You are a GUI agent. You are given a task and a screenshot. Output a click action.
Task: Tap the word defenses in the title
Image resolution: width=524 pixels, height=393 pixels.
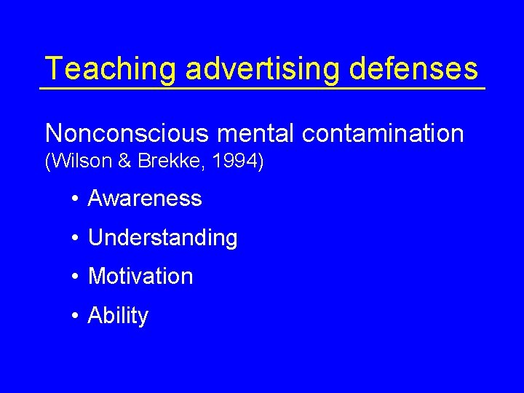413,69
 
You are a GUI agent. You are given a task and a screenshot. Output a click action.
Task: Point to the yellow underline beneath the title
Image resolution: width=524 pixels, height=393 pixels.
262,88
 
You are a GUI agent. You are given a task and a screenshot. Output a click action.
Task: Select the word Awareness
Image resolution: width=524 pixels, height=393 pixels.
145,198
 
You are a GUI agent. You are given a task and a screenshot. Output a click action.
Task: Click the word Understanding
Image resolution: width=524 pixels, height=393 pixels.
162,238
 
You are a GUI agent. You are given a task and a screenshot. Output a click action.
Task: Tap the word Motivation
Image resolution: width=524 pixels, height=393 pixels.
140,277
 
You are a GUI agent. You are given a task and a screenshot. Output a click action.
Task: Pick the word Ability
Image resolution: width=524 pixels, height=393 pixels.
118,316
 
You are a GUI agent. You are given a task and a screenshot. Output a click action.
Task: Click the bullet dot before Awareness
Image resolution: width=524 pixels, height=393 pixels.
75,199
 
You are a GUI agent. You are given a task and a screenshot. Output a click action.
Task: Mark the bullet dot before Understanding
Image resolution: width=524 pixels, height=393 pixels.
75,238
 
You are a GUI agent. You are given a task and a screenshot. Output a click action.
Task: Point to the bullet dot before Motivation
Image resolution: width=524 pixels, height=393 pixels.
75,277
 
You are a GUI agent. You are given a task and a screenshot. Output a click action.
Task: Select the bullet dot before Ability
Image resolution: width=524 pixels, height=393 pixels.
75,316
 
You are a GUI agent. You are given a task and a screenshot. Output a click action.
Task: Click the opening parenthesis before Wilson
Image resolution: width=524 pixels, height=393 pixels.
48,162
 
